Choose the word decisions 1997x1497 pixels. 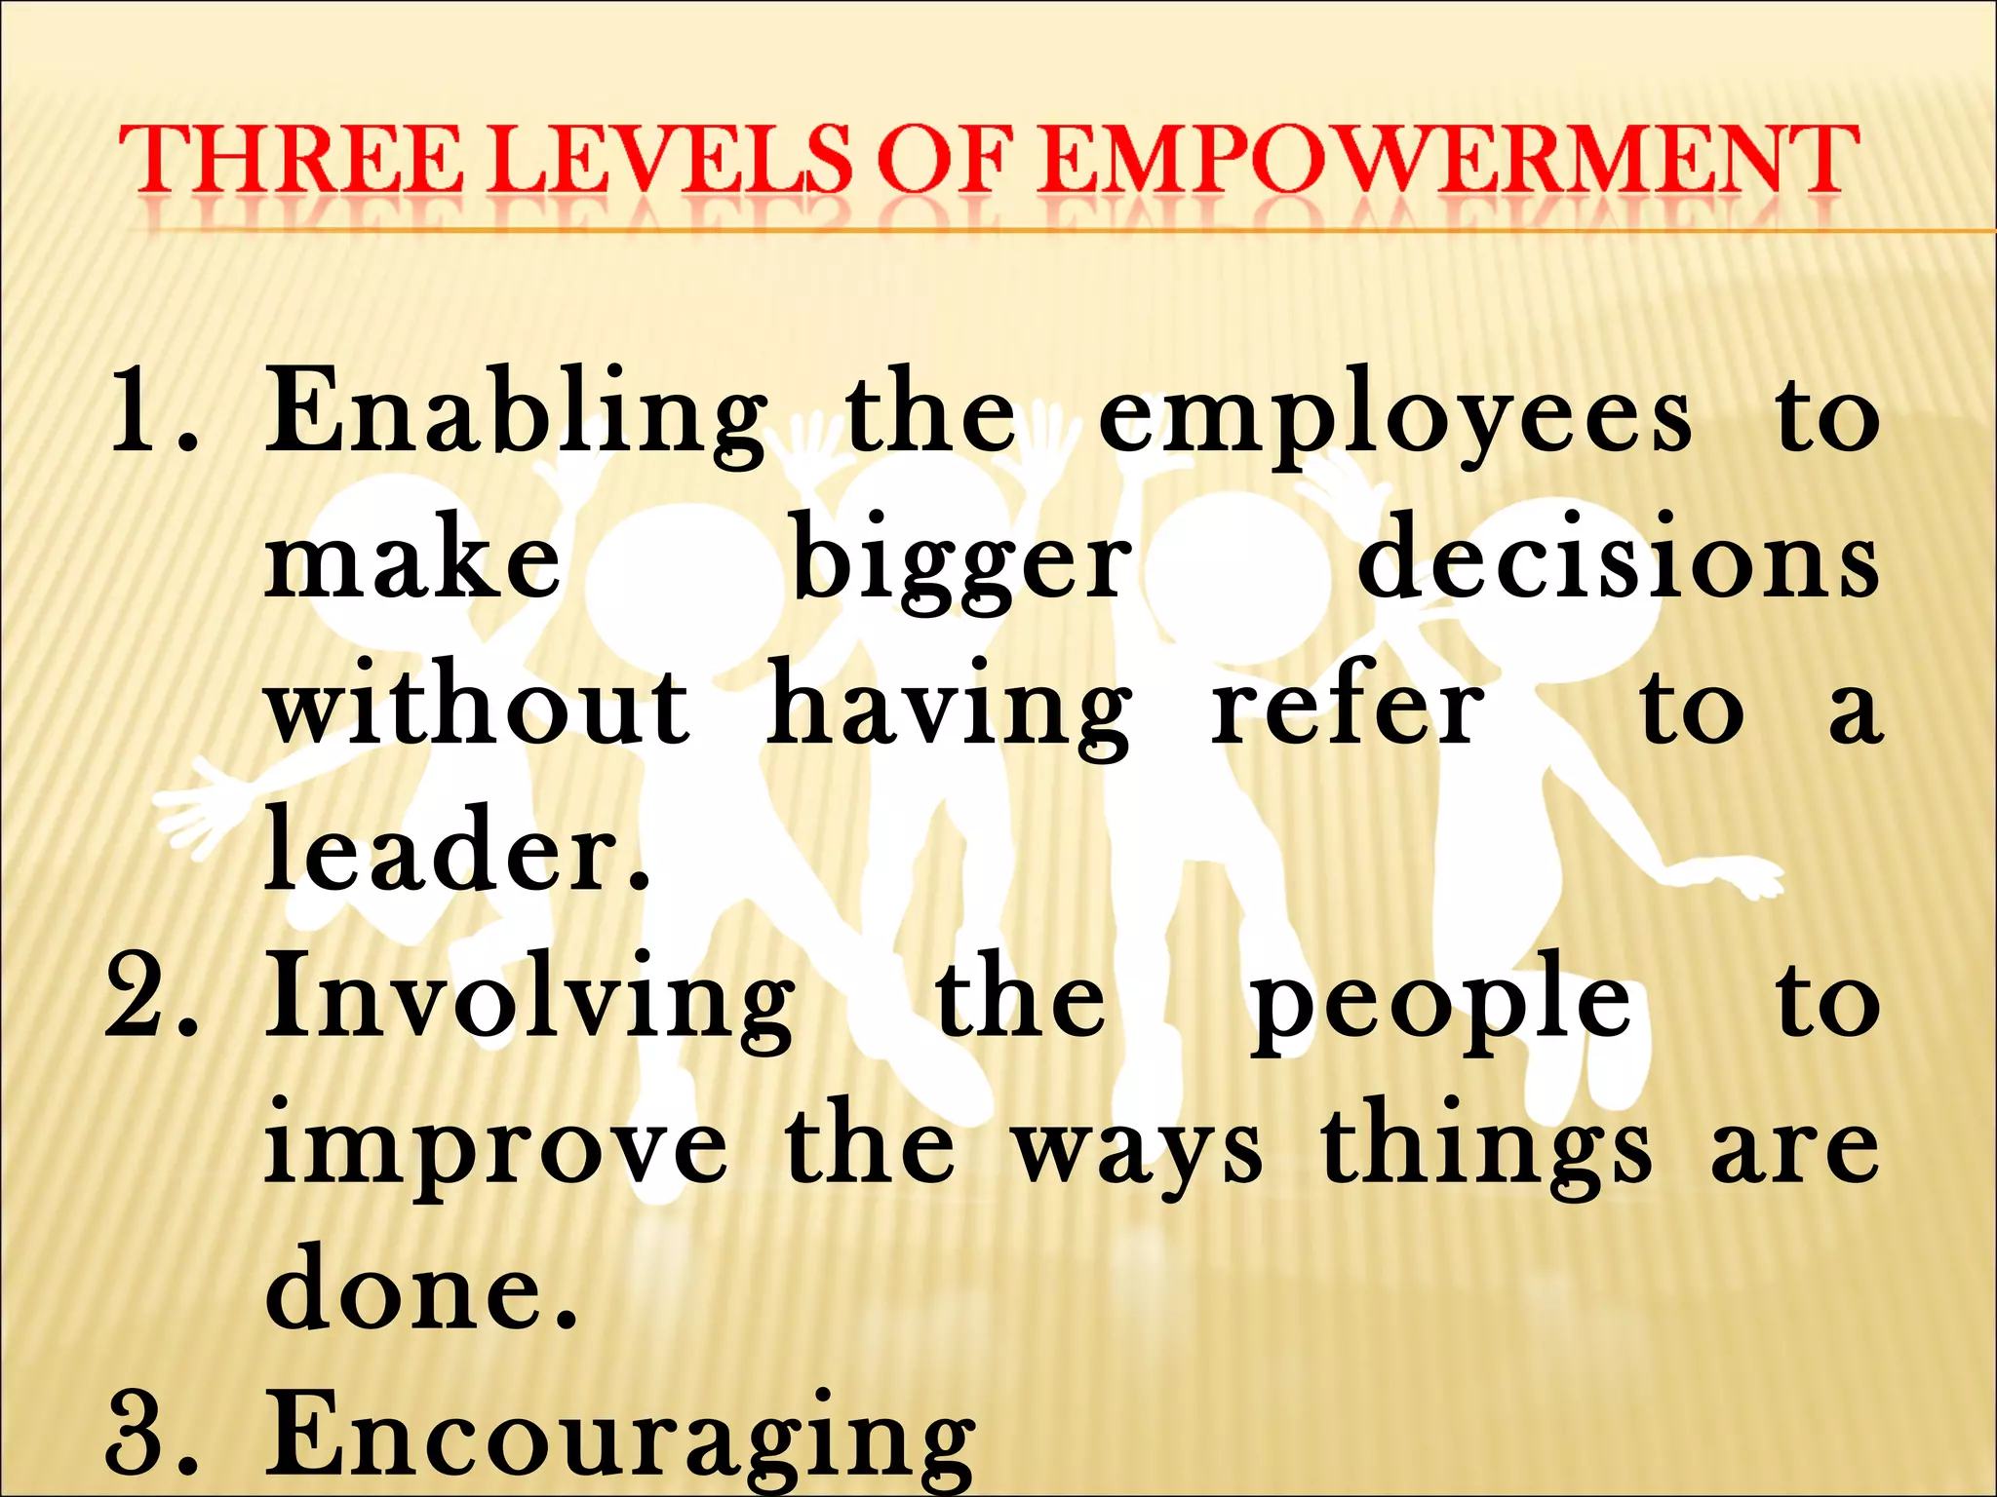(1619, 561)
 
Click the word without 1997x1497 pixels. (477, 706)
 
